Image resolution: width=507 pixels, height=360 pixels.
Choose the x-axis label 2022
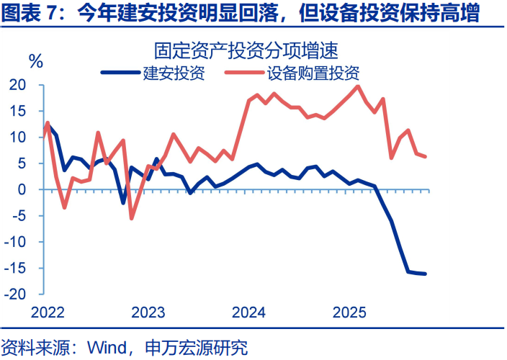48,312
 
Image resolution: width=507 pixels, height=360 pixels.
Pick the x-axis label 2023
149,312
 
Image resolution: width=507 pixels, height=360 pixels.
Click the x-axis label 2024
250,312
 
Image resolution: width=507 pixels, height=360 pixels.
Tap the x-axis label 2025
351,312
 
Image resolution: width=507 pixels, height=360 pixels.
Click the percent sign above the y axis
35,60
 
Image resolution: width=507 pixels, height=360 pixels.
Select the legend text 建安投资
174,73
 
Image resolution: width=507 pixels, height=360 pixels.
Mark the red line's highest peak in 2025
359,86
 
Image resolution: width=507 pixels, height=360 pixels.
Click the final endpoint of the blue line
425,274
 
